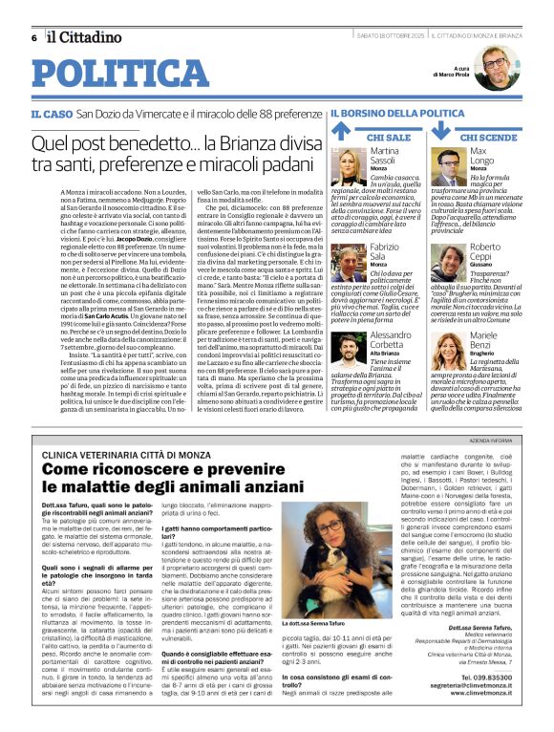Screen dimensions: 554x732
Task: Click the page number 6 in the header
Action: [34, 37]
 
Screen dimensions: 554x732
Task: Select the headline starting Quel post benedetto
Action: [180, 154]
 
